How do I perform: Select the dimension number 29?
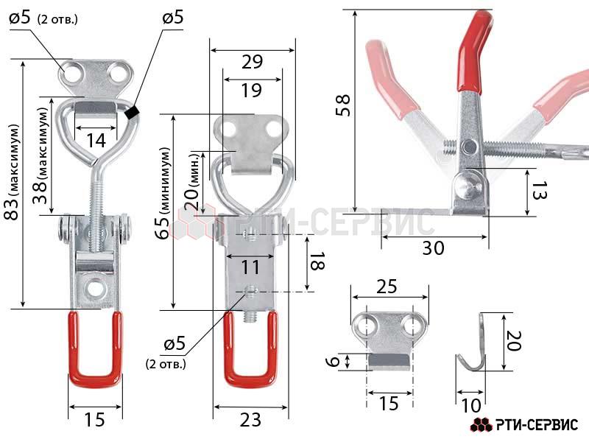tap(252, 62)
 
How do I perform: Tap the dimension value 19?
tap(251, 90)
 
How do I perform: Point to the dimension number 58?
tap(343, 105)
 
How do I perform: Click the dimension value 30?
tap(433, 248)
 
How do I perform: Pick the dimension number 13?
tap(540, 190)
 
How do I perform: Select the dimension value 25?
tap(387, 287)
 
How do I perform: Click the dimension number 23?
tap(250, 420)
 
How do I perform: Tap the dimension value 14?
tap(96, 141)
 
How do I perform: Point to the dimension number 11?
tap(250, 267)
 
